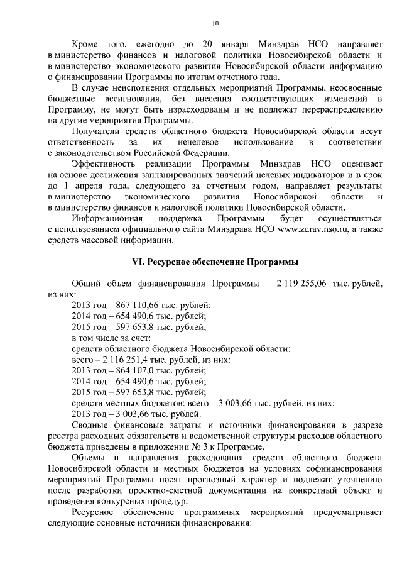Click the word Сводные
(92, 426)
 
